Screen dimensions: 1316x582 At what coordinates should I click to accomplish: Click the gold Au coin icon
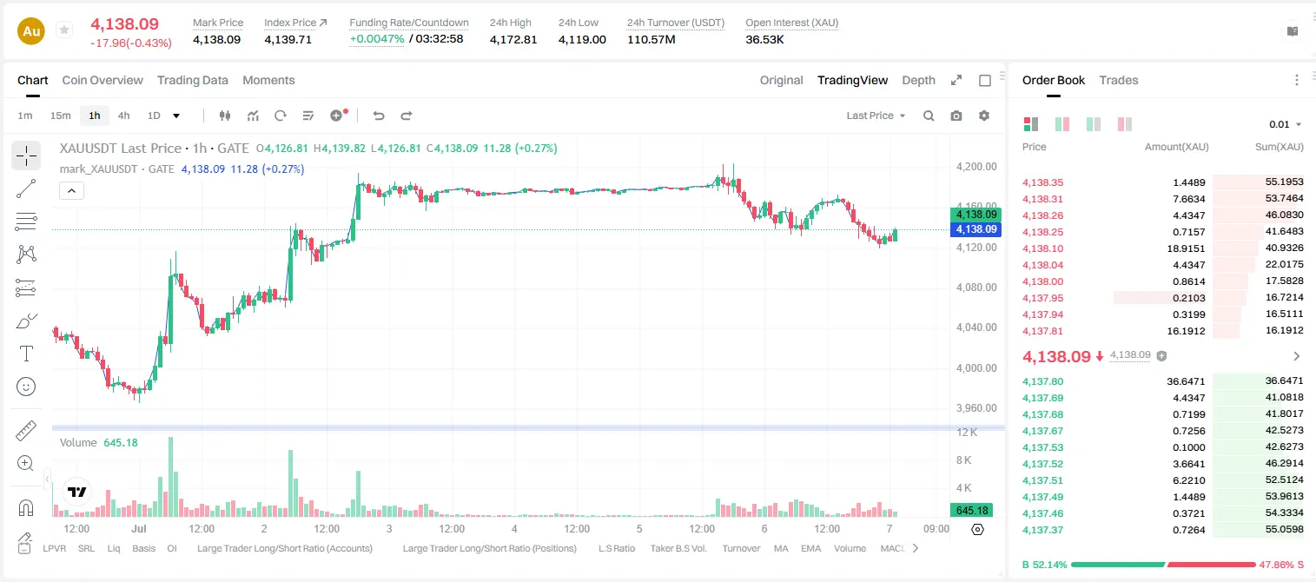31,31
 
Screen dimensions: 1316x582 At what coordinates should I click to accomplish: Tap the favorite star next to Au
64,30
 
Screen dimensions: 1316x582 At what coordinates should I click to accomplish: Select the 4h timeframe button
123,116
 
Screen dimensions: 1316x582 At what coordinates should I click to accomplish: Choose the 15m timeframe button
61,116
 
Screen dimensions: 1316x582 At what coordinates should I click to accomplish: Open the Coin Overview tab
103,80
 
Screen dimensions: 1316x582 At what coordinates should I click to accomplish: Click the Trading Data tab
193,80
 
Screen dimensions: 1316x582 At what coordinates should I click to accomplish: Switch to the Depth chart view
918,80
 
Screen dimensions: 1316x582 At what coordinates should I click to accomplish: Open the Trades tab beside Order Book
1119,80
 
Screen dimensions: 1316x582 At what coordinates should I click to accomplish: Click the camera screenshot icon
956,116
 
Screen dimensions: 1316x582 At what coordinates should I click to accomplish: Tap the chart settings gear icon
984,116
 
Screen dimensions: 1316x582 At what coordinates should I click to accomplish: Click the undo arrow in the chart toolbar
379,116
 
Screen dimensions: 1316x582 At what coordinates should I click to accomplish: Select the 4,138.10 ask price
1043,248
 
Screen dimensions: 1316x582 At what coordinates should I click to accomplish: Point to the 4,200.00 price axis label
976,167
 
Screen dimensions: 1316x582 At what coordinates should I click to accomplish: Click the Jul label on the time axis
139,528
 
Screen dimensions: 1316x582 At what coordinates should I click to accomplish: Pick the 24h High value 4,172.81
513,39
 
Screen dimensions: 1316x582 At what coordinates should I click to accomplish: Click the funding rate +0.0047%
377,39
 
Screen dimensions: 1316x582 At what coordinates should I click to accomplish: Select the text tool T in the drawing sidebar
26,354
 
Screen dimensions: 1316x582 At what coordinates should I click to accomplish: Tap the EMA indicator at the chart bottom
810,548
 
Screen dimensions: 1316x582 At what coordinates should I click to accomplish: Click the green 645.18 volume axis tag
972,511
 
